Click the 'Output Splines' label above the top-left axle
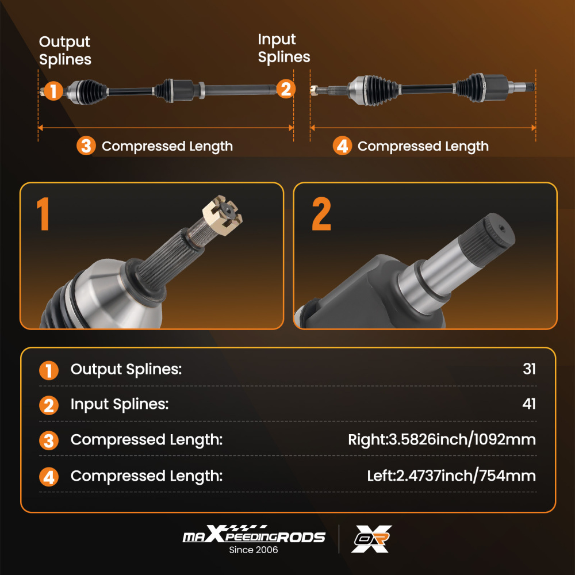click(x=65, y=51)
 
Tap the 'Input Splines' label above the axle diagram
click(x=284, y=48)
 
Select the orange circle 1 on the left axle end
click(x=53, y=91)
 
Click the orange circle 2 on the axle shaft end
click(x=286, y=89)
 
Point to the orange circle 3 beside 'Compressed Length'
click(x=86, y=145)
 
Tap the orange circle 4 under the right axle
click(x=342, y=145)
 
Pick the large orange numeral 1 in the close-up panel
click(x=43, y=214)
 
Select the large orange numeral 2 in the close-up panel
click(x=321, y=214)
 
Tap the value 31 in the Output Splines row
click(x=529, y=369)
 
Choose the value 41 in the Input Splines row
click(x=529, y=404)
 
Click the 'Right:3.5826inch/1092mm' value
click(x=442, y=439)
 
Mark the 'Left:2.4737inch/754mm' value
click(x=451, y=476)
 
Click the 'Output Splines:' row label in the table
click(x=126, y=369)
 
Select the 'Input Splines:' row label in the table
click(x=120, y=404)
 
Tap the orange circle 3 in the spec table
click(x=49, y=440)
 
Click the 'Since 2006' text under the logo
click(x=254, y=550)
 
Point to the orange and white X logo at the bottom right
click(x=371, y=539)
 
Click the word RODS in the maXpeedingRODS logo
click(x=301, y=537)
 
